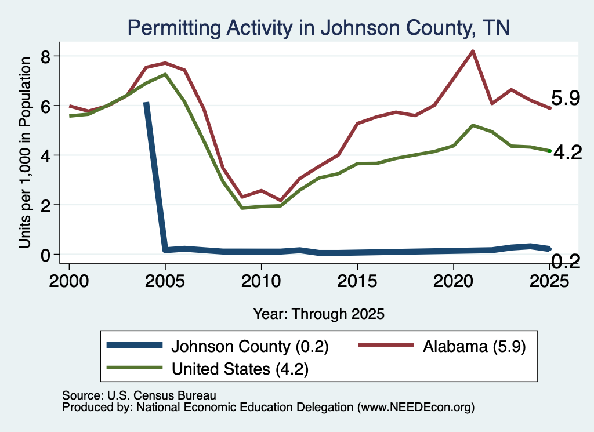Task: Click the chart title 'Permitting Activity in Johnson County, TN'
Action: click(318, 28)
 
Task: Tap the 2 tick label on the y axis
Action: click(45, 205)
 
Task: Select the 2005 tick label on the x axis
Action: click(165, 281)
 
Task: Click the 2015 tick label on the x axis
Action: click(357, 281)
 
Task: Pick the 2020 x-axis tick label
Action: click(453, 281)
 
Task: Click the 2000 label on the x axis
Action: click(69, 281)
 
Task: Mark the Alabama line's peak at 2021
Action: click(472, 51)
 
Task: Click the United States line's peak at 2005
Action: click(165, 74)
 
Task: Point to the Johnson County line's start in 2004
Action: click(146, 103)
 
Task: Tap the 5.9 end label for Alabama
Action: click(565, 99)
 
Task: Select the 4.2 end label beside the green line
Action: click(567, 153)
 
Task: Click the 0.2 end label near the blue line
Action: click(565, 262)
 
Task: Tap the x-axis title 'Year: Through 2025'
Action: click(318, 314)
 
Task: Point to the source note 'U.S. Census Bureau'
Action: click(162, 395)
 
